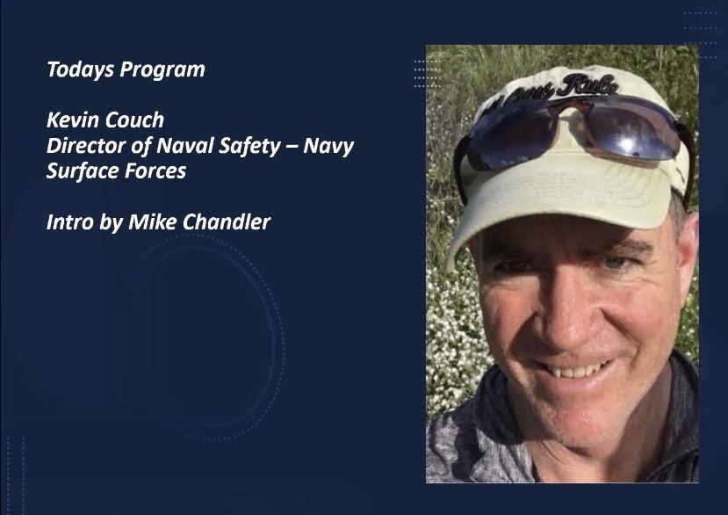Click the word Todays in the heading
click(x=80, y=69)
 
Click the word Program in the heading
click(x=162, y=69)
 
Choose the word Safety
click(x=249, y=147)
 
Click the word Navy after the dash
click(x=328, y=147)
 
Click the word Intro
click(x=69, y=222)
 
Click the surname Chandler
click(x=227, y=222)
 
